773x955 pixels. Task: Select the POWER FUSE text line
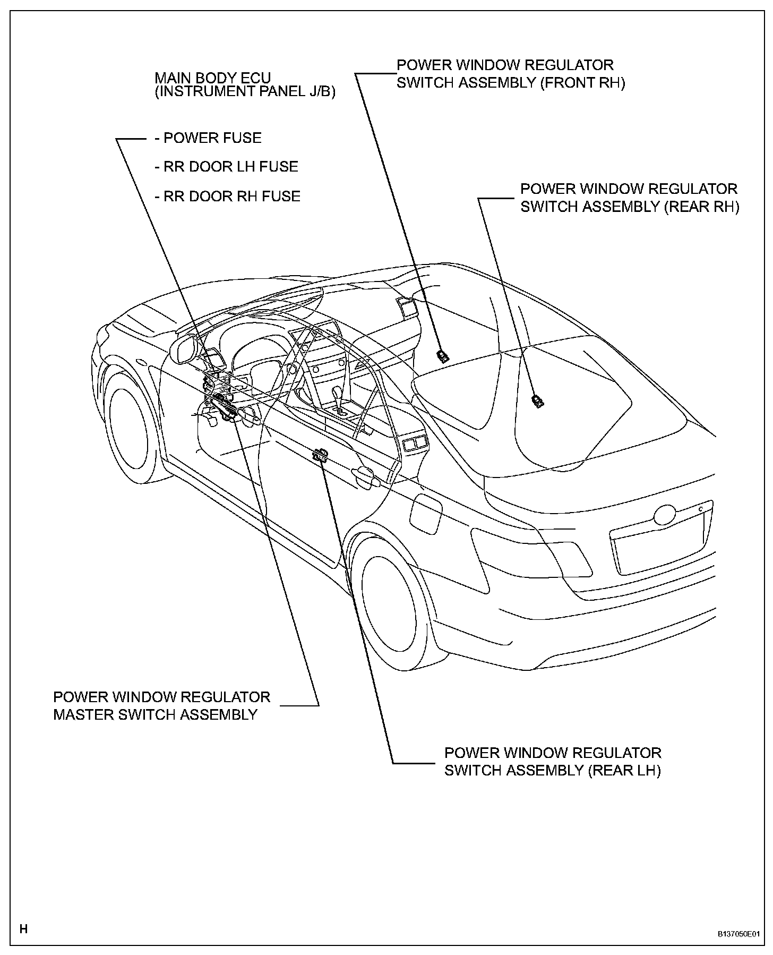point(208,138)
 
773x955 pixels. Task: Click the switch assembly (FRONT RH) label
point(511,74)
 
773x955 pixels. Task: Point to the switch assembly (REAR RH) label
point(629,198)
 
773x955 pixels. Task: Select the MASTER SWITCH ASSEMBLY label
point(161,705)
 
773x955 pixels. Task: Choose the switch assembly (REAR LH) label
point(553,761)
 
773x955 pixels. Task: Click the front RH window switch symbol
point(442,355)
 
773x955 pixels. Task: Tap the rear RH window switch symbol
point(538,401)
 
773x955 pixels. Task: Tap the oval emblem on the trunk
point(665,515)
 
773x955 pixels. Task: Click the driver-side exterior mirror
point(183,350)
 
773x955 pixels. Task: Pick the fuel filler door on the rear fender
point(426,514)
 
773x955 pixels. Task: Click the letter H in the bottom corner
point(23,929)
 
